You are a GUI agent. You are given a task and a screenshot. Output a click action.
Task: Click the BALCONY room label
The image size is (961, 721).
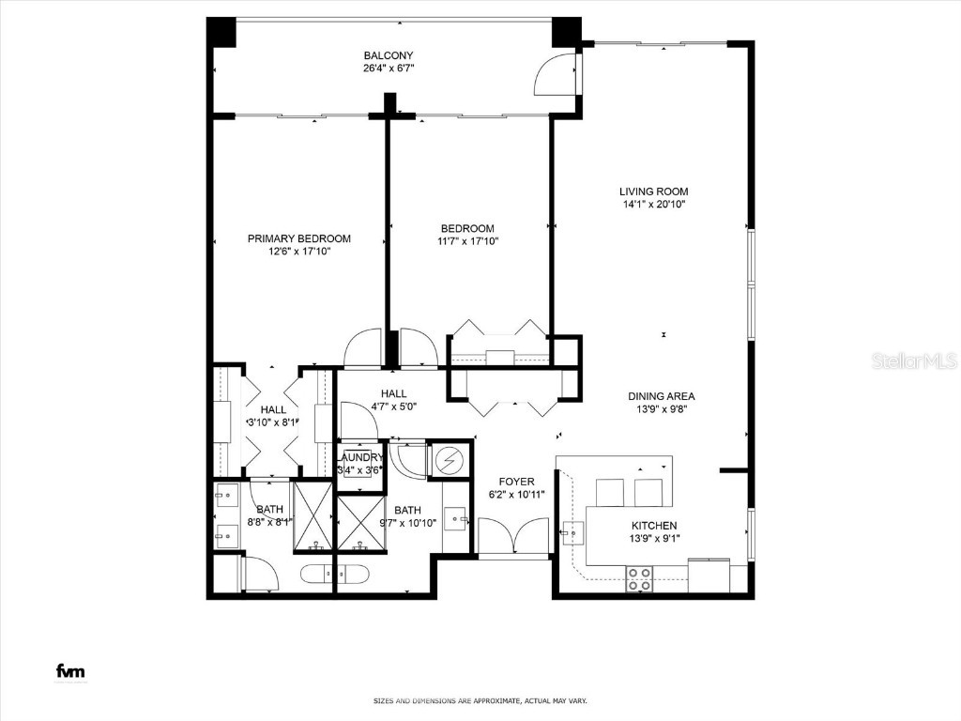[x=389, y=55]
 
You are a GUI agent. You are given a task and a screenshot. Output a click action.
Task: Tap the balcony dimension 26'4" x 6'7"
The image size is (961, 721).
[x=389, y=69]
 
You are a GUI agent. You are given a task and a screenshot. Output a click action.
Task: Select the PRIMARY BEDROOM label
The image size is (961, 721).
[x=299, y=238]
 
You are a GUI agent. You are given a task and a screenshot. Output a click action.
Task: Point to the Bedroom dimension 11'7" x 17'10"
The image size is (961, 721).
[x=467, y=241]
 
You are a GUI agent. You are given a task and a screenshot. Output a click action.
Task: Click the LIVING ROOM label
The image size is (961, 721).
[x=653, y=192]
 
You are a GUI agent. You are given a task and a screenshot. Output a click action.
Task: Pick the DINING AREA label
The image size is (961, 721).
[x=662, y=396]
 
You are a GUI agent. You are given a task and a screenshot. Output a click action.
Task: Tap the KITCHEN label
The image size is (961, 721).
[x=654, y=526]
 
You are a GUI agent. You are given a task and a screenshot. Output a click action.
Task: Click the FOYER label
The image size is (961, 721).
[x=517, y=482]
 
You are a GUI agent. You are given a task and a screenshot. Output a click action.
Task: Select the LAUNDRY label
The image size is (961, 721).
[x=359, y=457]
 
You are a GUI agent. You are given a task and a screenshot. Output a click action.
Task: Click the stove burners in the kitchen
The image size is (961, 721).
[x=639, y=578]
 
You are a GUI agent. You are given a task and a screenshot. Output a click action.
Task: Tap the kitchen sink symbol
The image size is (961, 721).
[x=572, y=533]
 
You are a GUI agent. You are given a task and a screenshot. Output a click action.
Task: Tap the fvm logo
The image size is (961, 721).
[x=69, y=670]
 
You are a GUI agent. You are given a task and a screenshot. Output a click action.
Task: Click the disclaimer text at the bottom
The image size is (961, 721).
[x=480, y=700]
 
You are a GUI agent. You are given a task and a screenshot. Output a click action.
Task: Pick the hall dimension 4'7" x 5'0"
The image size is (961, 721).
[x=393, y=407]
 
